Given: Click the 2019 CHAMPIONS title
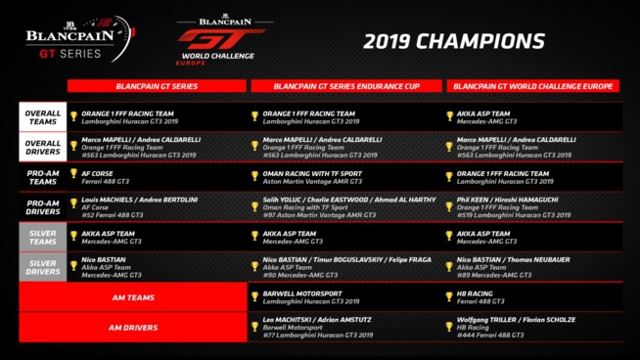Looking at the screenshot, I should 453,41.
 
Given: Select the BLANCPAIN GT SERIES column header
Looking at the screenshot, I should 157,86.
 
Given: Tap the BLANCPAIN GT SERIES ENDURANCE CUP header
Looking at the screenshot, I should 346,86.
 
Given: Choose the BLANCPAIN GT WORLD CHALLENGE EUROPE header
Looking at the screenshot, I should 533,86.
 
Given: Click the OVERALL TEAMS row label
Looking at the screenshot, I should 42,115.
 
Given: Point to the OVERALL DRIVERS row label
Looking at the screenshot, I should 42,146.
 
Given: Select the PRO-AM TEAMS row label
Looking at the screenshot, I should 42,176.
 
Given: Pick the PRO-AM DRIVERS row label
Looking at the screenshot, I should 42,205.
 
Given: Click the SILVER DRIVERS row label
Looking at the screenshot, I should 42,266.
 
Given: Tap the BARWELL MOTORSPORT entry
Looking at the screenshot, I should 302,292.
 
